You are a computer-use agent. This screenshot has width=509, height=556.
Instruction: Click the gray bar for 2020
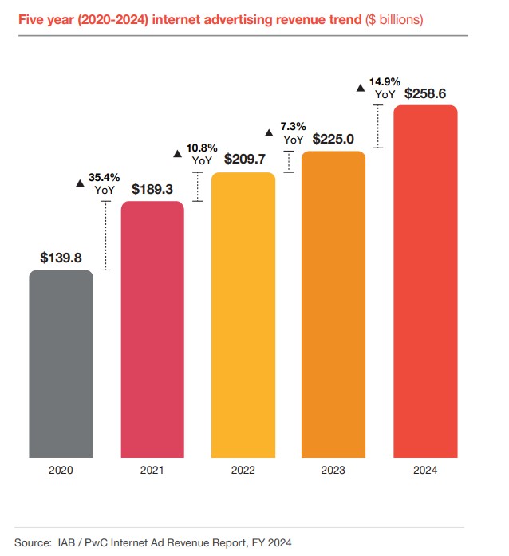pos(61,365)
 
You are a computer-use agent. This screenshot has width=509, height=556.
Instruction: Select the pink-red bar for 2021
pos(152,330)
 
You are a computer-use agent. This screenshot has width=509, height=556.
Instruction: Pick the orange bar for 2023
pos(334,306)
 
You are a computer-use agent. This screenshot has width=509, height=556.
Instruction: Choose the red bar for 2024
pos(425,282)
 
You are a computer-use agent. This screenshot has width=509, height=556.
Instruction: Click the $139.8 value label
pos(61,258)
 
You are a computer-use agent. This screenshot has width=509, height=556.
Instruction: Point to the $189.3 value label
pos(152,189)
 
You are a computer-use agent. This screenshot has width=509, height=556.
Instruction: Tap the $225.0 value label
pos(334,139)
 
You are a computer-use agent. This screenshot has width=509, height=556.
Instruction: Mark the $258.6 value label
pos(425,93)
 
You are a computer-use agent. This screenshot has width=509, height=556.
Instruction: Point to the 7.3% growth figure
pos(292,127)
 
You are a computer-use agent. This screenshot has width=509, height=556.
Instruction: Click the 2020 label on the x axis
pos(61,471)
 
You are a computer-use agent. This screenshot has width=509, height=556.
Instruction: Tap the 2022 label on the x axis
pos(243,471)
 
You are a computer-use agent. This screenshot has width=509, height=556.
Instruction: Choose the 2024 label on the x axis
pos(425,471)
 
